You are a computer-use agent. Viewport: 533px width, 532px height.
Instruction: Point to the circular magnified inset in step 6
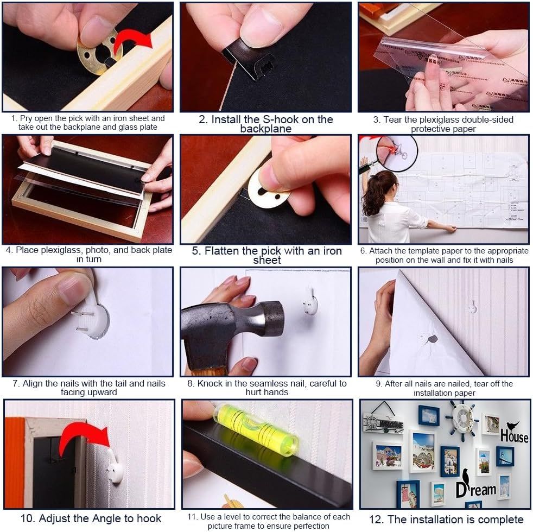click(x=397, y=153)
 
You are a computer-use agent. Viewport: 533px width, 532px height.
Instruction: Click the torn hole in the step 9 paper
click(x=432, y=339)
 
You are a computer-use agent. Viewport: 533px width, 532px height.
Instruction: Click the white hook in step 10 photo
click(x=115, y=466)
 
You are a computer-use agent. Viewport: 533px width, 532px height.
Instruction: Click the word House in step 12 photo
click(x=515, y=435)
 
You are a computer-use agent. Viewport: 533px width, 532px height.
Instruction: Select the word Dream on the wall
click(x=475, y=489)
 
